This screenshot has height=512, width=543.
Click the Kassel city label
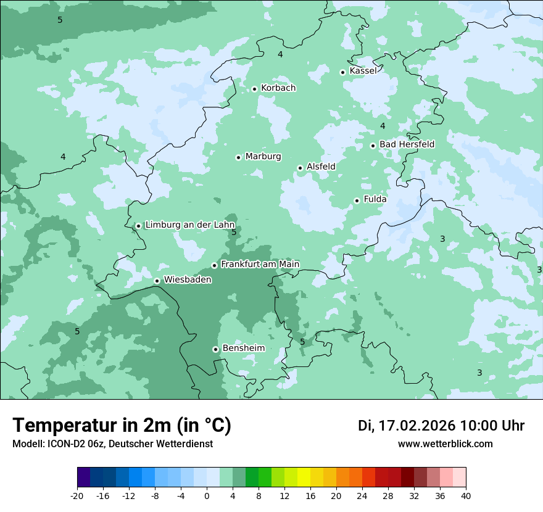(x=363, y=71)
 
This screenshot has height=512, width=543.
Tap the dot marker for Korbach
(x=254, y=89)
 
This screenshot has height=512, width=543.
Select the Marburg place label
(x=263, y=157)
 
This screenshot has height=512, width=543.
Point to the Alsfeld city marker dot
(x=300, y=168)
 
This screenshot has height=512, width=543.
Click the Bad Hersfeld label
(x=407, y=144)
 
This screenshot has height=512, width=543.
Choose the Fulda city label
(x=375, y=199)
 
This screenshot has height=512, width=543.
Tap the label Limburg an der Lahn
(x=190, y=225)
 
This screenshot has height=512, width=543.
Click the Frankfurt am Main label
(x=260, y=264)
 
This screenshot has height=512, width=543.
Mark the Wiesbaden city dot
(x=157, y=281)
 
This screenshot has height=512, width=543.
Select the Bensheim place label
(x=243, y=348)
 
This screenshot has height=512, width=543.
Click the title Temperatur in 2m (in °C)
(x=122, y=425)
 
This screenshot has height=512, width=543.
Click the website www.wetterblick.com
(x=445, y=444)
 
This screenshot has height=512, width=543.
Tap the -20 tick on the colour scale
(x=77, y=495)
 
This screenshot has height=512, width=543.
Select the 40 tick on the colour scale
(x=466, y=495)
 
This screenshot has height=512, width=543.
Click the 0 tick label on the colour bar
(x=207, y=495)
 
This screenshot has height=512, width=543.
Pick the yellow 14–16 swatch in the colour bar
(x=304, y=477)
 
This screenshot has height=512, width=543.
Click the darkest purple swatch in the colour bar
(x=84, y=477)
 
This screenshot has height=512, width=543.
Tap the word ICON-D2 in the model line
(x=63, y=444)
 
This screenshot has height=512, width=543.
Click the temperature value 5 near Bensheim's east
(x=302, y=342)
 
